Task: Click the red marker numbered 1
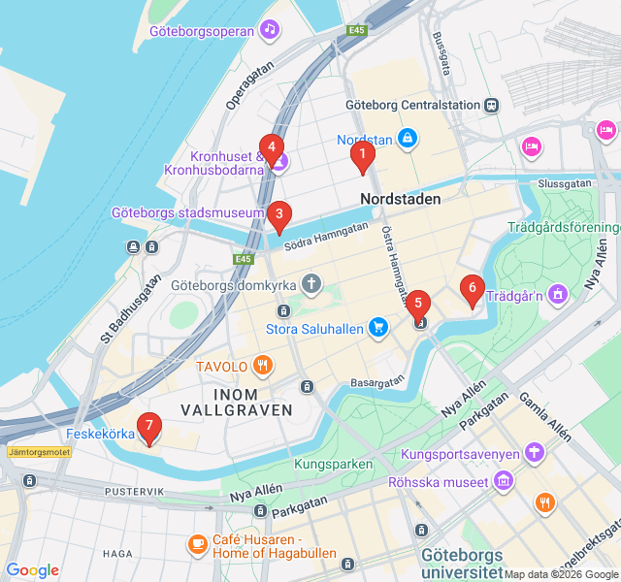[363, 153]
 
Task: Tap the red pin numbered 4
[272, 149]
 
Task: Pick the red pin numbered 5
[418, 303]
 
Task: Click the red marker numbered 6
[472, 287]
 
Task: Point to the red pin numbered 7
[148, 425]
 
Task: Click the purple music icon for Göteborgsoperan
[270, 30]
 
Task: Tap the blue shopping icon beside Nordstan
[408, 140]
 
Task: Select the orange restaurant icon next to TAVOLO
[262, 366]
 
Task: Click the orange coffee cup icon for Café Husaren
[197, 542]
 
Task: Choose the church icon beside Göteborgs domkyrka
[310, 285]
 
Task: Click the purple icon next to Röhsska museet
[503, 480]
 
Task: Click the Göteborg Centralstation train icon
[493, 105]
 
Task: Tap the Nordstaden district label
[400, 199]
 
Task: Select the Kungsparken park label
[333, 465]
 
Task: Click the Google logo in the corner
[32, 570]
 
